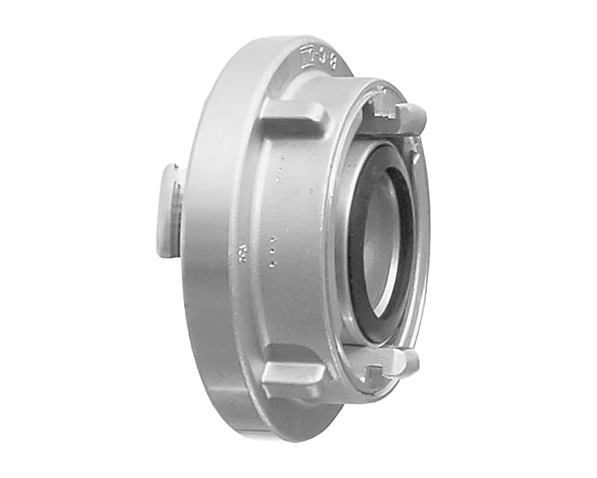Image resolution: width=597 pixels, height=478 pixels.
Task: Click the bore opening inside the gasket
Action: [x=389, y=243]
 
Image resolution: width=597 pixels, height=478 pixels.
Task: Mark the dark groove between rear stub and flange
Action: [x=180, y=212]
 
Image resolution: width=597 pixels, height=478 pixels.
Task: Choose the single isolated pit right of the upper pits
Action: [x=311, y=191]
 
